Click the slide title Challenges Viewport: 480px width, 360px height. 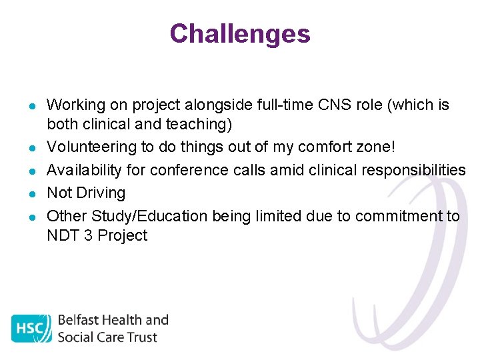[x=239, y=34]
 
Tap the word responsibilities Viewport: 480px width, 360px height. [x=411, y=170]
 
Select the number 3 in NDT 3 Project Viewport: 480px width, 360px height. [x=88, y=235]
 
